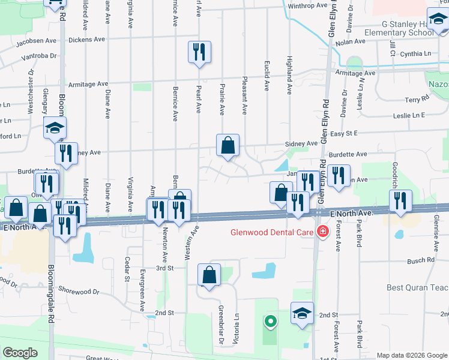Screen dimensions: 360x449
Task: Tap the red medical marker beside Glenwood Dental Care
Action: pos(323,231)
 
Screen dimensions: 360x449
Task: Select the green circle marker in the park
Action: pos(270,322)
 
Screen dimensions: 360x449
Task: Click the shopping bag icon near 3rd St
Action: pos(209,275)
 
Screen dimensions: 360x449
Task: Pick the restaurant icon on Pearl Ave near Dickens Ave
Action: pos(198,52)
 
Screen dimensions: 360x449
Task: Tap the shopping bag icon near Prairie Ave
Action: pos(228,146)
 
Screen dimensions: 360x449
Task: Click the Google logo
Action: pos(20,353)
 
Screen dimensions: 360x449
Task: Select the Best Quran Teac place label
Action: pos(417,287)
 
